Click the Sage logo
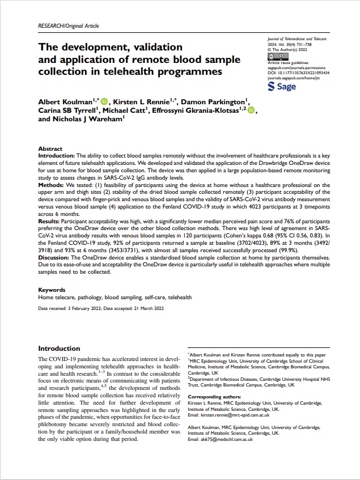pyautogui.click(x=281, y=86)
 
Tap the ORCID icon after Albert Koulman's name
pyautogui.click(x=104, y=100)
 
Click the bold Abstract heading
pyautogui.click(x=50, y=147)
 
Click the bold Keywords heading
pyautogui.click(x=52, y=290)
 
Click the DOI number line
pyautogui.click(x=298, y=73)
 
